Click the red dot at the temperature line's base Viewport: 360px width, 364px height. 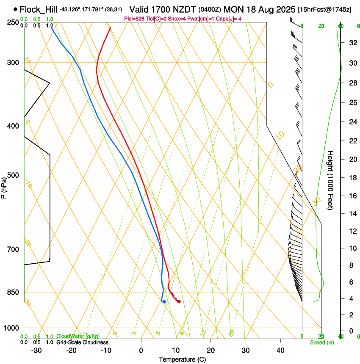pos(179,301)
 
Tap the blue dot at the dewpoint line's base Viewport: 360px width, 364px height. pos(164,301)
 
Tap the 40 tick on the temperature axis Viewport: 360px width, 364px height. pos(280,350)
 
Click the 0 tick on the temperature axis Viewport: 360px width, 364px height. pos(141,350)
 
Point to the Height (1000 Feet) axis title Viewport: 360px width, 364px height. pos(331,180)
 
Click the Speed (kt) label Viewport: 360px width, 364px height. pos(321,342)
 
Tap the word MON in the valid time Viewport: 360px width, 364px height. pos(232,9)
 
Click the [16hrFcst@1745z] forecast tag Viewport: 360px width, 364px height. pos(324,9)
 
